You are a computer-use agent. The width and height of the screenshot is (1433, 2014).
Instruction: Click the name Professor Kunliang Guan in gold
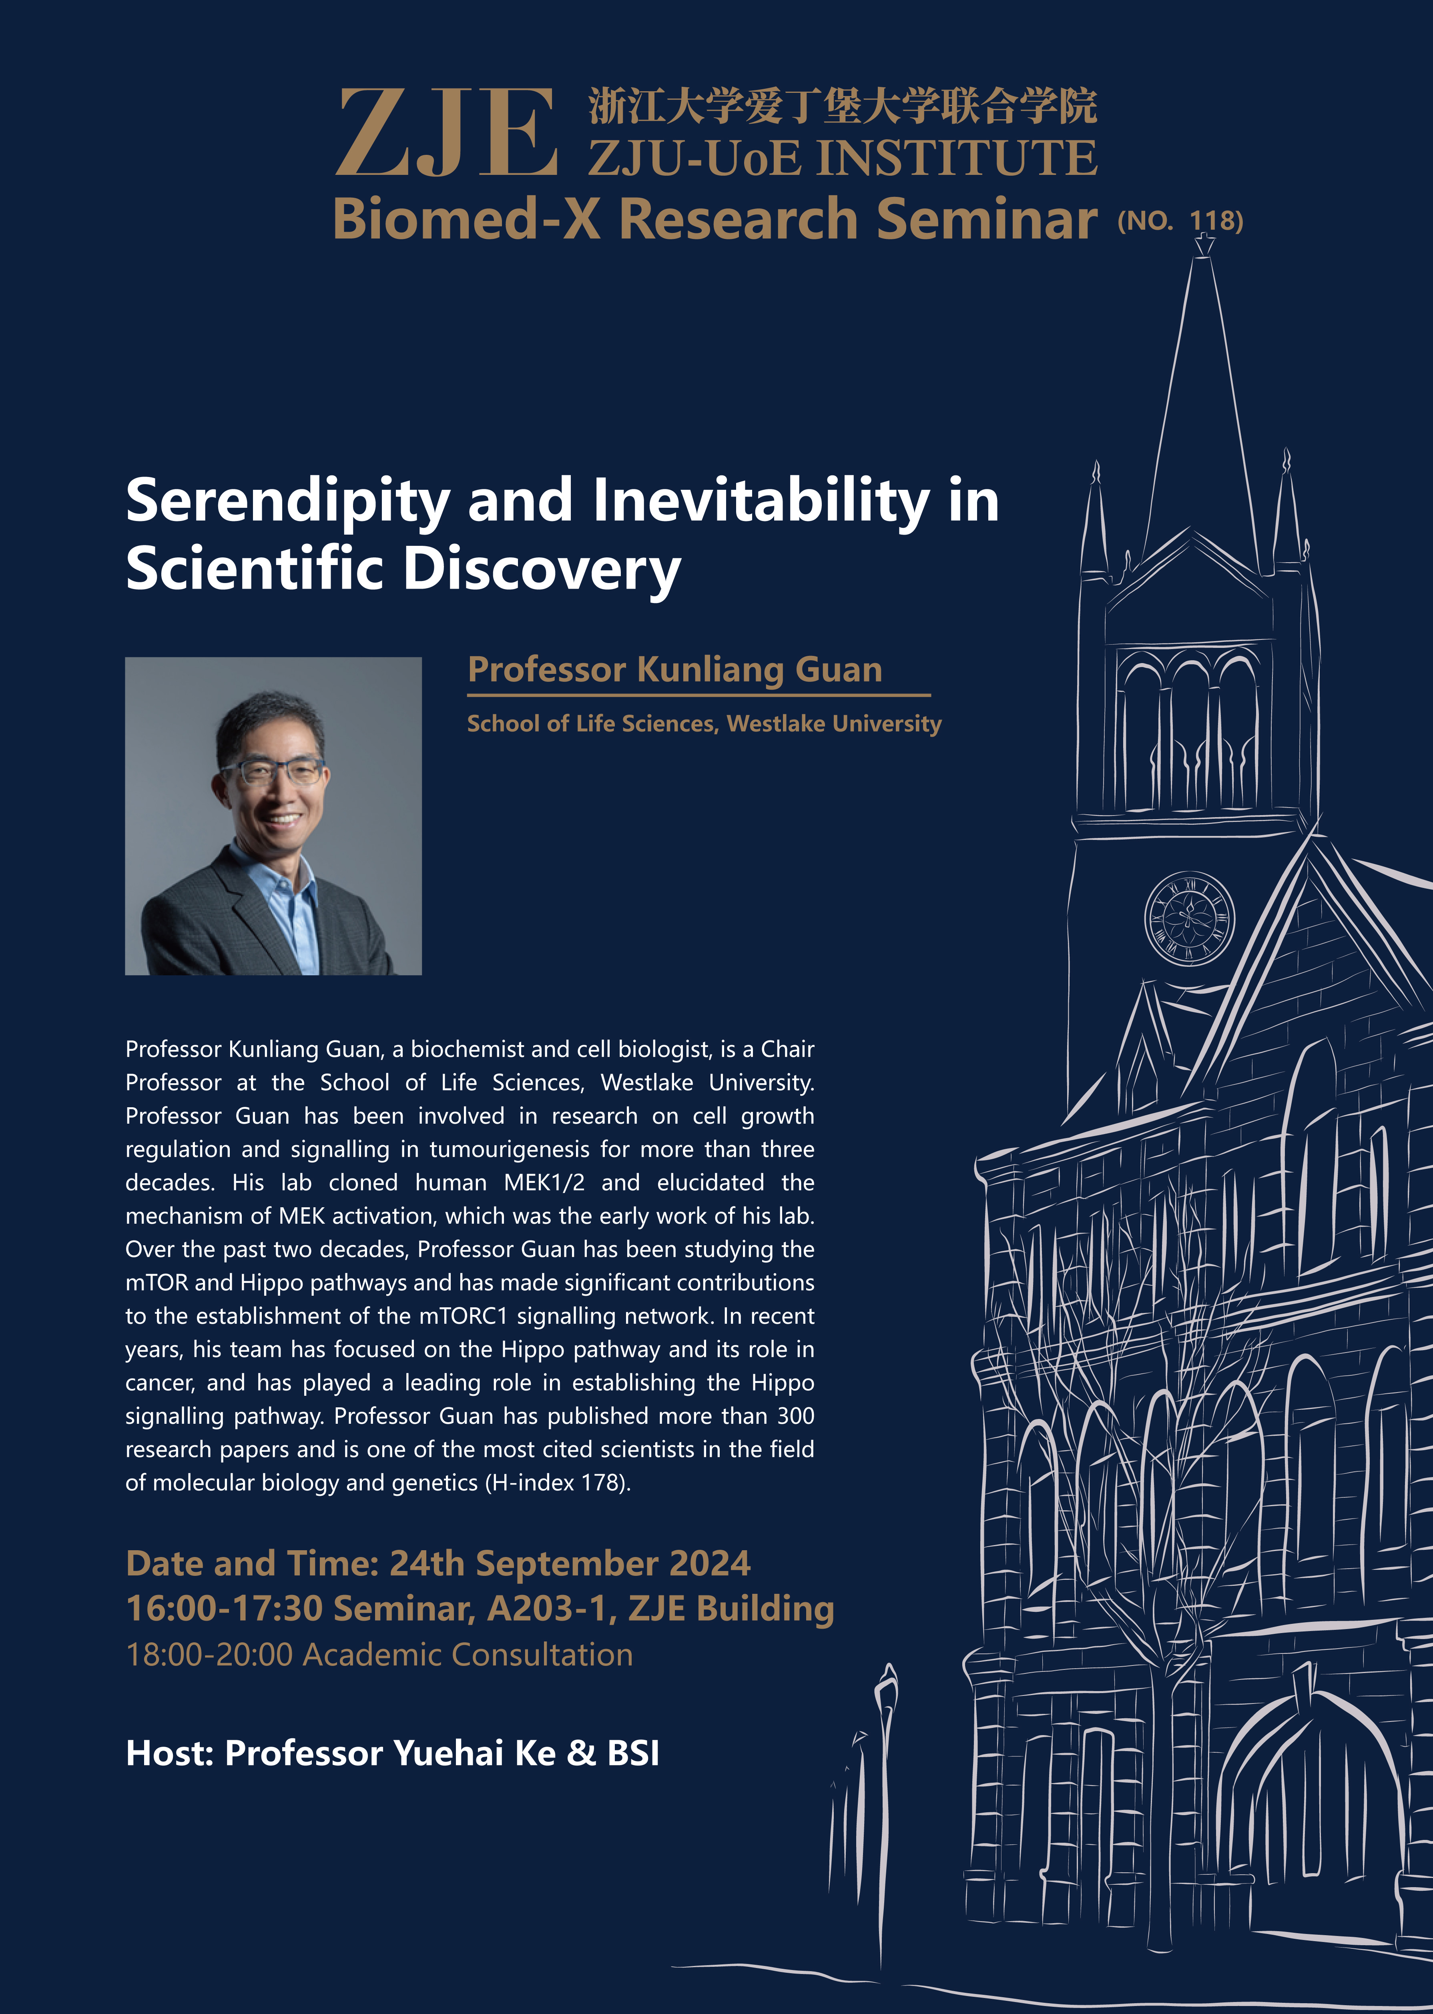(675, 669)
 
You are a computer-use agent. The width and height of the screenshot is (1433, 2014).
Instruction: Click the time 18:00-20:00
(209, 1655)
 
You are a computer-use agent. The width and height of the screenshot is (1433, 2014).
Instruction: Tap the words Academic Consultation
(468, 1655)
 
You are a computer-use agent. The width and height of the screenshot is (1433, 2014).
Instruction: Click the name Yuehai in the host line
(448, 1753)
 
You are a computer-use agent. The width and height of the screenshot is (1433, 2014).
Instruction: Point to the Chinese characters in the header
(843, 106)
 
